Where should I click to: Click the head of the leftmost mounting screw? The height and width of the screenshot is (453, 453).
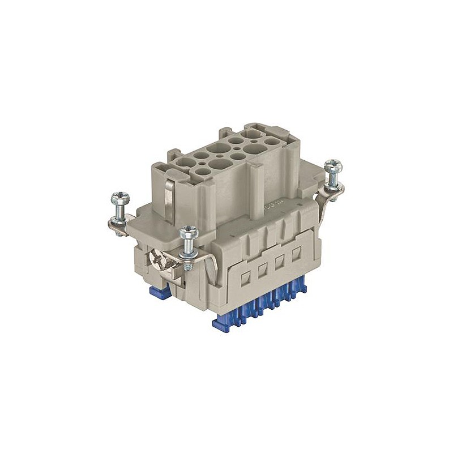click(x=121, y=198)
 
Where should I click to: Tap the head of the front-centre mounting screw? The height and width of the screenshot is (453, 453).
click(x=187, y=232)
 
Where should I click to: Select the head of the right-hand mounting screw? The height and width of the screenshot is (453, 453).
click(x=334, y=166)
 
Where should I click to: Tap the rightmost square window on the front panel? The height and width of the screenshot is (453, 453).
click(x=296, y=255)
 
